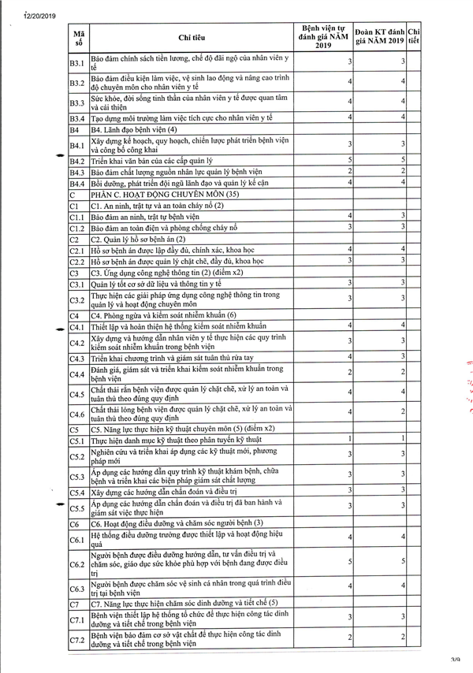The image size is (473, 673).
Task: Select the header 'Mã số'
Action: pyautogui.click(x=79, y=36)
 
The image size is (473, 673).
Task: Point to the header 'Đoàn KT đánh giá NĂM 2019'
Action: pyautogui.click(x=380, y=36)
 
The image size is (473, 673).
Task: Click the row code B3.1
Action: pyautogui.click(x=77, y=62)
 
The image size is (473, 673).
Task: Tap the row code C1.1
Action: pyautogui.click(x=77, y=217)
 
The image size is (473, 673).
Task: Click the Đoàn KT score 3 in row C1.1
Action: pyautogui.click(x=402, y=215)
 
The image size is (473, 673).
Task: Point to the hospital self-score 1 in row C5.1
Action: pyautogui.click(x=349, y=438)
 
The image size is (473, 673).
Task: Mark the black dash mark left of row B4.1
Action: pyautogui.click(x=54, y=156)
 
